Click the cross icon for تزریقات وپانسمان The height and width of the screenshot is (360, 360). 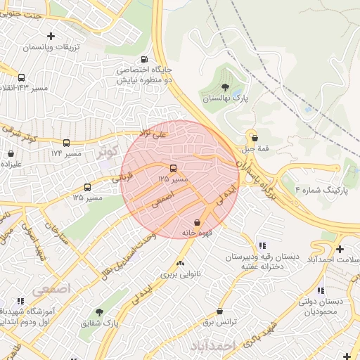pyautogui.click(x=50, y=36)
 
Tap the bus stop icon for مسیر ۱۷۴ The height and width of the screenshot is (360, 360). pyautogui.click(x=67, y=143)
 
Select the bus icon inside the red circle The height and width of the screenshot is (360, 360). pyautogui.click(x=173, y=168)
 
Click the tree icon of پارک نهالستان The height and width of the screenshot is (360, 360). pyautogui.click(x=225, y=87)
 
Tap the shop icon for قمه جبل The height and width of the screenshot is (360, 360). pyautogui.click(x=255, y=138)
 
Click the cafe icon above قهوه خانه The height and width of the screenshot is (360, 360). pyautogui.click(x=206, y=221)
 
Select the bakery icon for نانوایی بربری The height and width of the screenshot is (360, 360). pyautogui.click(x=181, y=264)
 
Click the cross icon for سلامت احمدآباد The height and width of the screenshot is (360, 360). pyautogui.click(x=340, y=249)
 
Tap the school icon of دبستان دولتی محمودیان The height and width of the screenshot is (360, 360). pyautogui.click(x=321, y=290)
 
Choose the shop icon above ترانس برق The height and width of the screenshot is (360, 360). pyautogui.click(x=219, y=311)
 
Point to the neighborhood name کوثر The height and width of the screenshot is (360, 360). pyautogui.click(x=108, y=151)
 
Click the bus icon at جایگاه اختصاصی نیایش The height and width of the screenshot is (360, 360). pyautogui.click(x=144, y=60)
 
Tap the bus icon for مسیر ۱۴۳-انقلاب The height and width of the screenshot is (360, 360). pyautogui.click(x=21, y=78)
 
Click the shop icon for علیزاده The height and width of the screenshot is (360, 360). pyautogui.click(x=11, y=153)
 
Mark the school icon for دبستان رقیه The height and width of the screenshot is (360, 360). pyautogui.click(x=262, y=245)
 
